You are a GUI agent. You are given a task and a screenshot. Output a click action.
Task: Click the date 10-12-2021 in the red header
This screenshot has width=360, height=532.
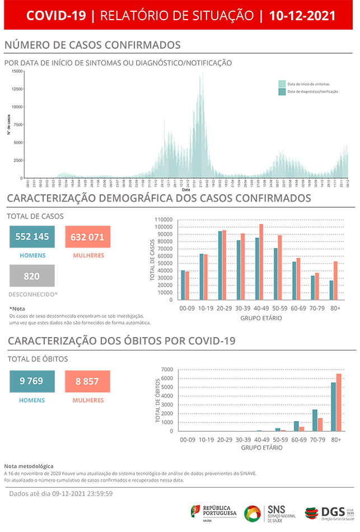302,16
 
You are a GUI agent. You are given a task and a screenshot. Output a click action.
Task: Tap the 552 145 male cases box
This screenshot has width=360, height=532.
32,237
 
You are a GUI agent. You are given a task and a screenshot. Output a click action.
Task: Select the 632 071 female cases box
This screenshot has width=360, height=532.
87,237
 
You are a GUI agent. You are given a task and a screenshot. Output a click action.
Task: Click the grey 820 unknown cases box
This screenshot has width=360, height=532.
32,276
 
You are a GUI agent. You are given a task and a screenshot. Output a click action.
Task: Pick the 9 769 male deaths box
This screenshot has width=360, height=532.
32,381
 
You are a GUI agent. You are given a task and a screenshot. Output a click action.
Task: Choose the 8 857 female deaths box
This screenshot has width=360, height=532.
87,381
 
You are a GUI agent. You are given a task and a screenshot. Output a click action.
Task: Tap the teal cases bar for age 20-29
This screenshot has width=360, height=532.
220,265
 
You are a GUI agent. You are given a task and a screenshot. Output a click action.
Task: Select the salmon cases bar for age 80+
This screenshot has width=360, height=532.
335,280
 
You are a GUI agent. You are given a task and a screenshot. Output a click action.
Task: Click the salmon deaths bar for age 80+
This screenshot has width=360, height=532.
338,402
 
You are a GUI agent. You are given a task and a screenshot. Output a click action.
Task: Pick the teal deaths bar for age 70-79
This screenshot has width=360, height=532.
315,420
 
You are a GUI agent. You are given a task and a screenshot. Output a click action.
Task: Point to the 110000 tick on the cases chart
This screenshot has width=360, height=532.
165,220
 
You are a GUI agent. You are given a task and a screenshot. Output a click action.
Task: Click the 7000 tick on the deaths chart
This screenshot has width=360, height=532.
167,370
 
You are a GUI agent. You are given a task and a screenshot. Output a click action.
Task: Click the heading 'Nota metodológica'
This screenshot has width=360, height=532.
29,466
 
